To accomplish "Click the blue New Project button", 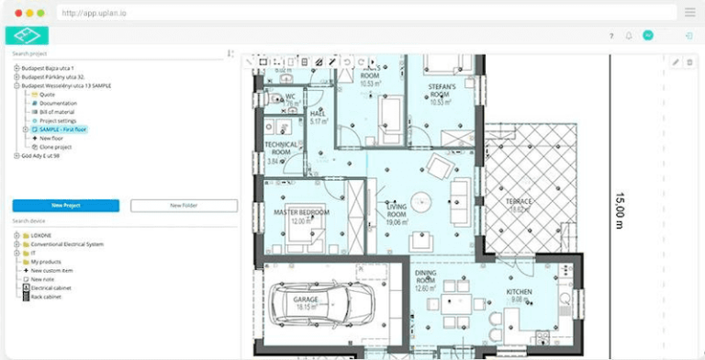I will [x=65, y=206].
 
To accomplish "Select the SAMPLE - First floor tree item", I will [x=62, y=129].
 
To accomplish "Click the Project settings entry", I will [x=58, y=120].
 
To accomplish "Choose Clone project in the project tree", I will [x=56, y=147].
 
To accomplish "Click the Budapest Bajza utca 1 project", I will [x=48, y=68].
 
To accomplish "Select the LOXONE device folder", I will [x=41, y=236].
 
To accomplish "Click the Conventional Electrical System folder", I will [x=67, y=244].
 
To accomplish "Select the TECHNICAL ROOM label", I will [x=281, y=149].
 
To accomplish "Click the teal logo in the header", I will [x=27, y=36].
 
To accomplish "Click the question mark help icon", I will [x=611, y=36].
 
